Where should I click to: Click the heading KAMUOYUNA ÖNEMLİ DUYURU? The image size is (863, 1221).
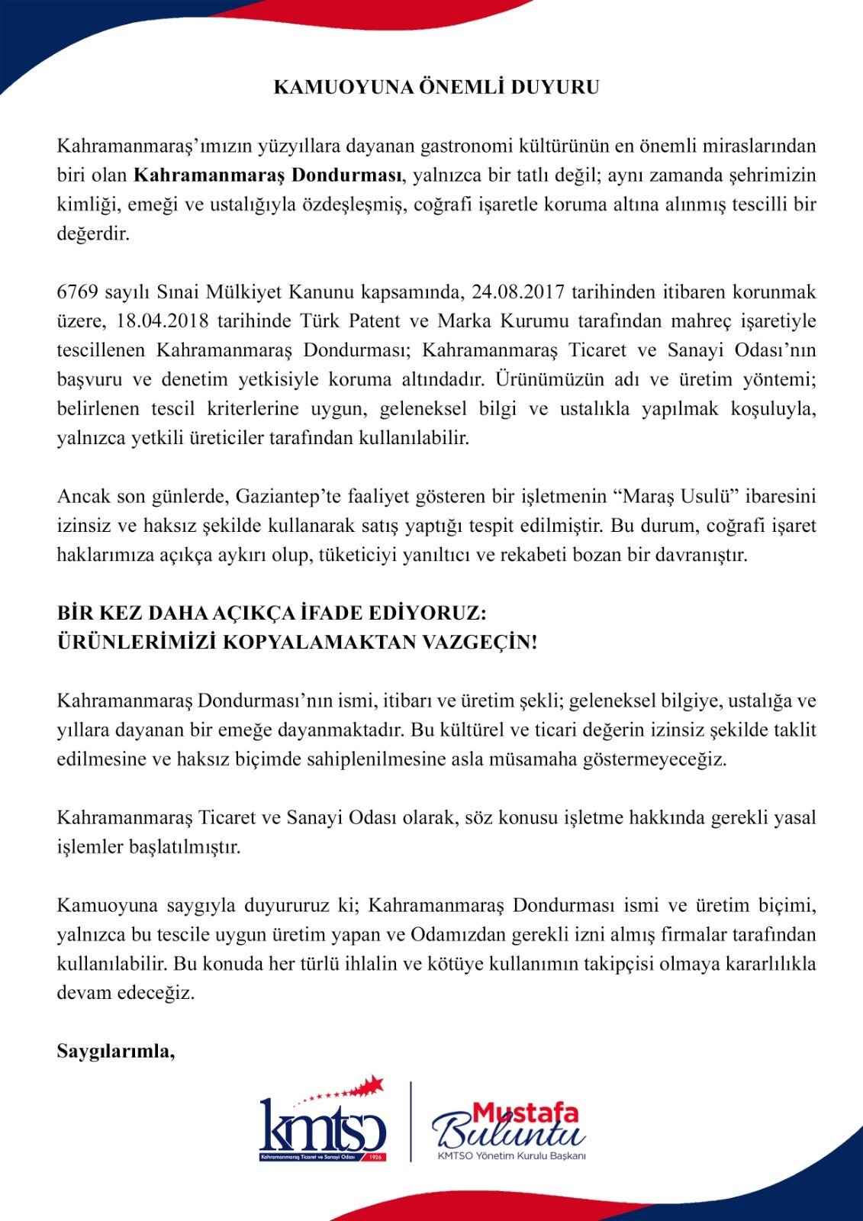click(x=436, y=87)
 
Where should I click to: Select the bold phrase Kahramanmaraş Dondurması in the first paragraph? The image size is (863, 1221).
click(x=268, y=176)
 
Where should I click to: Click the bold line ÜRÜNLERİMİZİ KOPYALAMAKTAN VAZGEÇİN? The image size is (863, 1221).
click(x=298, y=642)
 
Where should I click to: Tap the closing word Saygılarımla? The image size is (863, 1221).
click(x=116, y=1052)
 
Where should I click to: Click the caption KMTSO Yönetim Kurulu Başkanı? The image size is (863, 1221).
click(x=511, y=1155)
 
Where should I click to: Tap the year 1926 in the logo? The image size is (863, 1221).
click(x=374, y=1157)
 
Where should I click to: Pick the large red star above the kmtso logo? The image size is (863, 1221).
click(x=374, y=1084)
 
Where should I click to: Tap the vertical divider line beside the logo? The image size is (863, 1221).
click(x=411, y=1121)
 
